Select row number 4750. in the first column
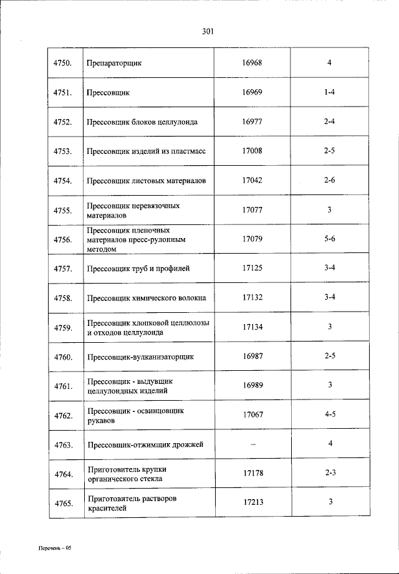(63, 63)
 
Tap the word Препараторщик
(115, 64)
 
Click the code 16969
(252, 92)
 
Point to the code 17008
(252, 151)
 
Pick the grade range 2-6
(330, 180)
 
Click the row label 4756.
(63, 239)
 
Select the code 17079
(252, 239)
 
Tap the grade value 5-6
(330, 239)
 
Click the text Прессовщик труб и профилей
(138, 269)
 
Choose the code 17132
(252, 297)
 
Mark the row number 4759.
(63, 327)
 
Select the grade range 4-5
(330, 414)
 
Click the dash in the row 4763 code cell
(252, 444)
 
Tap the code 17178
(252, 473)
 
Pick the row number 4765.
(63, 504)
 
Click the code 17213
(252, 502)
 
